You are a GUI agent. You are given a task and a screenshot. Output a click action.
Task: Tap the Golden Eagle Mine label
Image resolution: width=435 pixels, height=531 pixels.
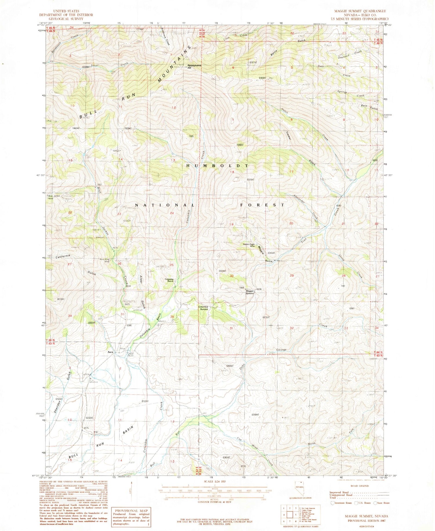click(249, 245)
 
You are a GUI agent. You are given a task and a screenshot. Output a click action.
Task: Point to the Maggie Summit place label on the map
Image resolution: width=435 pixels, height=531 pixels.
click(250, 292)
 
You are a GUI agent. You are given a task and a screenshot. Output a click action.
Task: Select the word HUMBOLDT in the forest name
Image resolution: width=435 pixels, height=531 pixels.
click(217, 166)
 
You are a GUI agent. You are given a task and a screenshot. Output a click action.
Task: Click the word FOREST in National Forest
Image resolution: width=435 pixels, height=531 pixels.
click(262, 205)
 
